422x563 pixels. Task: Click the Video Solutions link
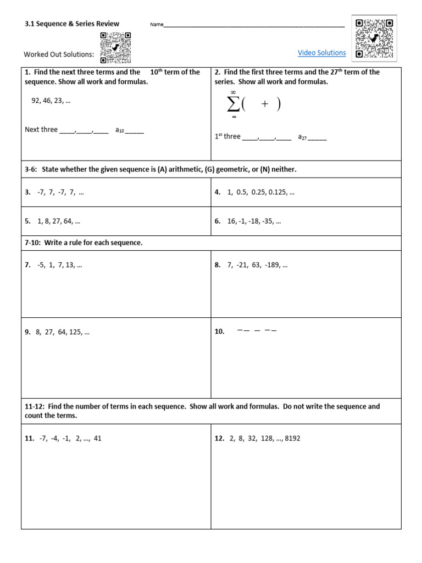click(x=321, y=53)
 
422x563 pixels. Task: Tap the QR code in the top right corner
click(x=374, y=38)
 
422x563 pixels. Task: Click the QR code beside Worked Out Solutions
click(x=115, y=48)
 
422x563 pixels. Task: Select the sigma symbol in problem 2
click(x=233, y=104)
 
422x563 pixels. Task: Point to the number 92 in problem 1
click(x=36, y=101)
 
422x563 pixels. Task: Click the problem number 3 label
click(x=27, y=192)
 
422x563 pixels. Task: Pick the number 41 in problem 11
click(x=97, y=438)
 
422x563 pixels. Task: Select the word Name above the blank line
click(x=157, y=25)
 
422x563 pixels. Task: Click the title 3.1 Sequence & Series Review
click(x=72, y=24)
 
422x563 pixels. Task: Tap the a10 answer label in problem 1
click(x=120, y=130)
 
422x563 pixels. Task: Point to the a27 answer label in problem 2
click(x=302, y=137)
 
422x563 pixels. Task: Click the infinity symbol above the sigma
click(x=233, y=92)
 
